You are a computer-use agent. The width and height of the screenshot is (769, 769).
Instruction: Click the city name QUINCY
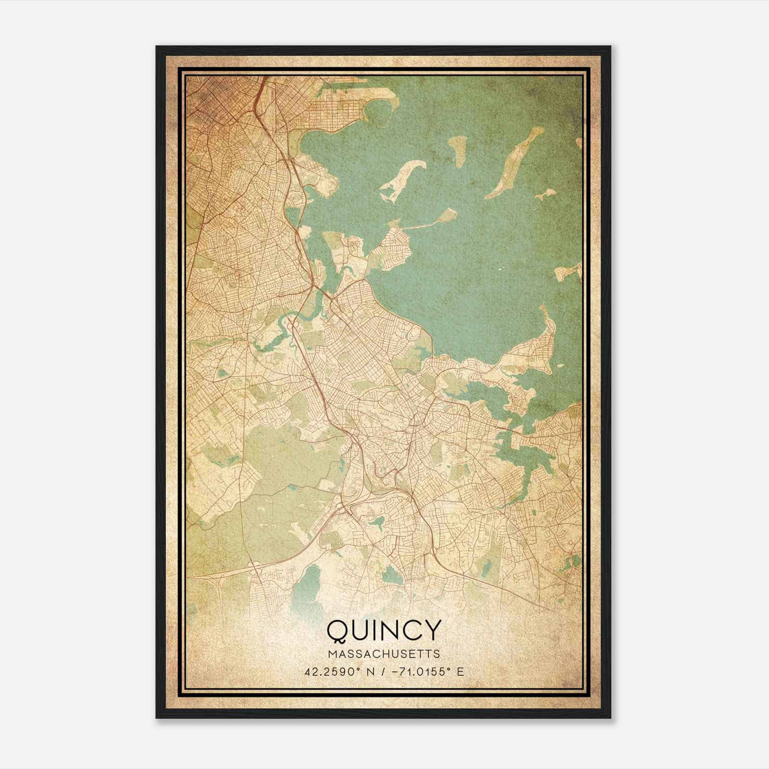click(x=384, y=631)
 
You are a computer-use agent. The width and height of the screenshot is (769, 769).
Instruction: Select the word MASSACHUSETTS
click(x=384, y=654)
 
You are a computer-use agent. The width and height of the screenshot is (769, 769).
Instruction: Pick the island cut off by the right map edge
click(x=570, y=273)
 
